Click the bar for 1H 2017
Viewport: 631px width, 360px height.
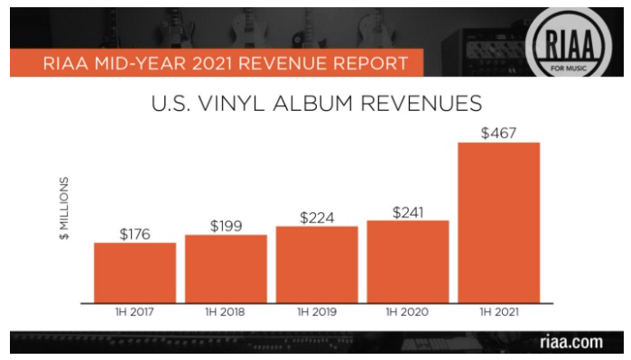(135, 272)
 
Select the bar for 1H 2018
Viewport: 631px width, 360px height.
(226, 269)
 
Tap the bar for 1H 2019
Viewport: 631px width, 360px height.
(317, 264)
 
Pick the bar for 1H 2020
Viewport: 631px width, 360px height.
(408, 262)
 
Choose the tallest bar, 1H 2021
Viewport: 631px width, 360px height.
(498, 223)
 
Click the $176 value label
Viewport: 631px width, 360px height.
(135, 234)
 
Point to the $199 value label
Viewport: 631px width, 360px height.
(227, 226)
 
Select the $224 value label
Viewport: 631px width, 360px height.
(317, 218)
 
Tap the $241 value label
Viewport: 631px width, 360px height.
(408, 212)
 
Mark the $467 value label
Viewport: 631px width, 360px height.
(498, 134)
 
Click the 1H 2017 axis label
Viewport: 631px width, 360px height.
(135, 312)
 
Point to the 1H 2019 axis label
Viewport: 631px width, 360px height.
(317, 312)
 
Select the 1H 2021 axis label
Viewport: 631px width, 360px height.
(499, 312)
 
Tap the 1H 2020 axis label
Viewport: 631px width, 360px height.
(407, 312)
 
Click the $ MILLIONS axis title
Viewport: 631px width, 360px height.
(64, 208)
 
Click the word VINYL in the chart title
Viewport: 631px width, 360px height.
(231, 104)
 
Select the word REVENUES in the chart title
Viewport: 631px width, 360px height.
(422, 104)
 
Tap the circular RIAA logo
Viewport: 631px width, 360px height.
(568, 43)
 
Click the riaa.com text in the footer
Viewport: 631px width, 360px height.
(571, 342)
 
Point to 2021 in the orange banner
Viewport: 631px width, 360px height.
(211, 63)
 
